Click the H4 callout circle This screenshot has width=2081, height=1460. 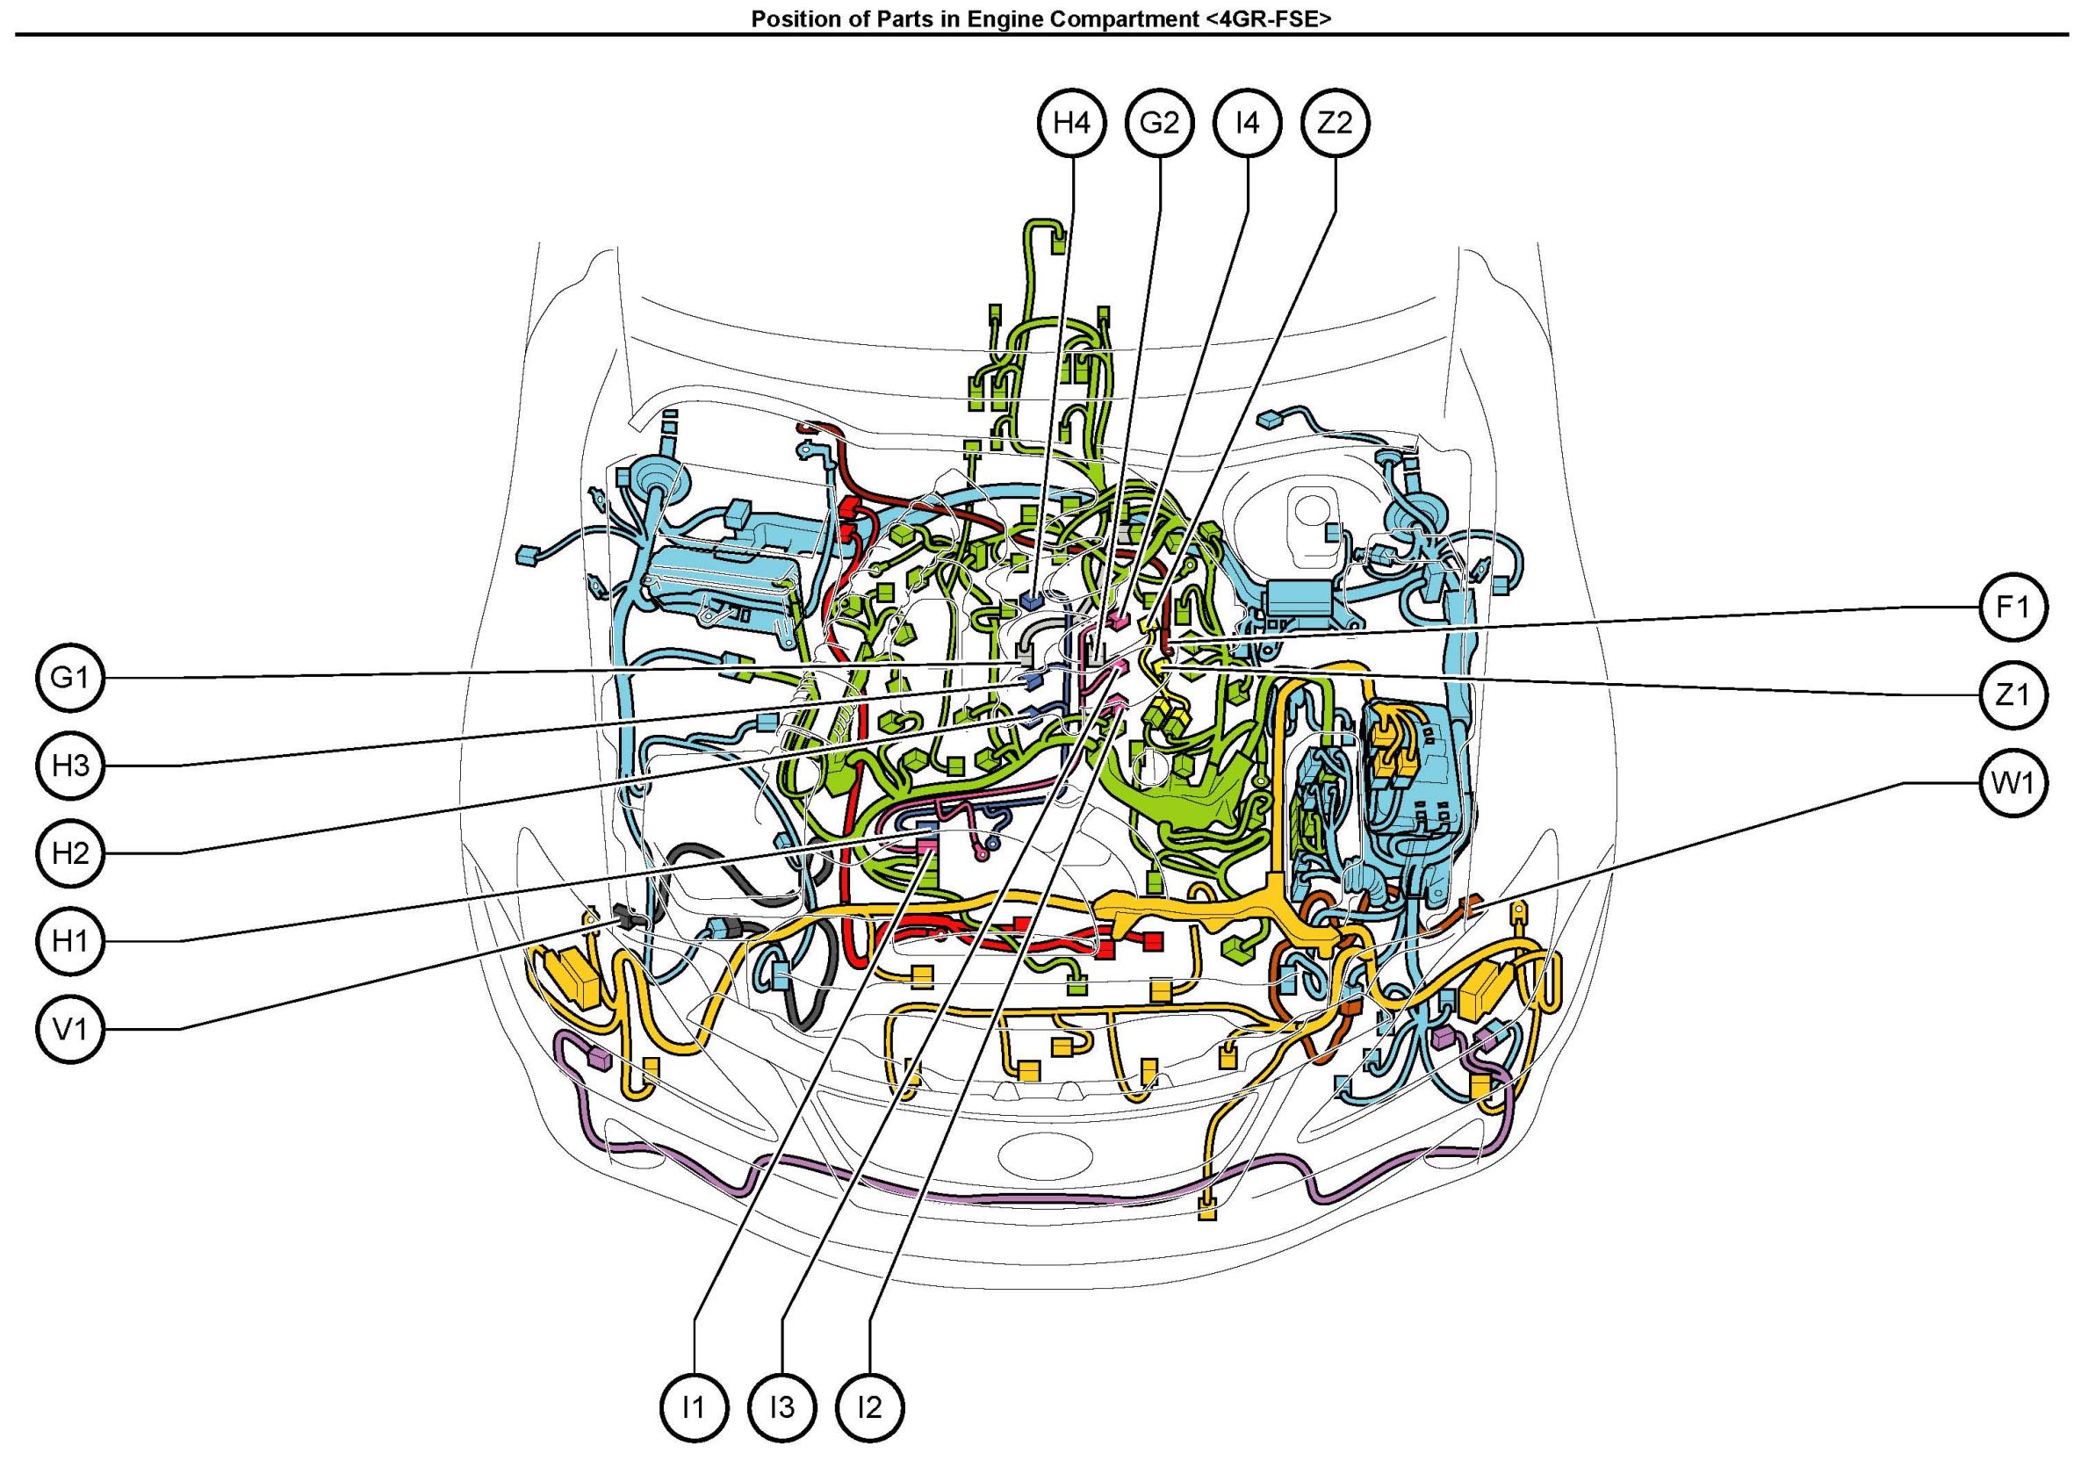pyautogui.click(x=1071, y=122)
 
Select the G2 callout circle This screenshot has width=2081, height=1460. pyautogui.click(x=1159, y=122)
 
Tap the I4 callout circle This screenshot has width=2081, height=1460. pyautogui.click(x=1248, y=122)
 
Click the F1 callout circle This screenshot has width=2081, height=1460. pyautogui.click(x=2013, y=608)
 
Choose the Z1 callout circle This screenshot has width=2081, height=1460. pyautogui.click(x=2013, y=695)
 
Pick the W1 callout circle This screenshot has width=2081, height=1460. pyautogui.click(x=2013, y=783)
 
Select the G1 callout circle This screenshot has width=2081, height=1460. pyautogui.click(x=71, y=677)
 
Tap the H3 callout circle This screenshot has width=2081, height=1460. pyautogui.click(x=71, y=766)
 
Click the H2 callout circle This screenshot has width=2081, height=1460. pyautogui.click(x=71, y=853)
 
